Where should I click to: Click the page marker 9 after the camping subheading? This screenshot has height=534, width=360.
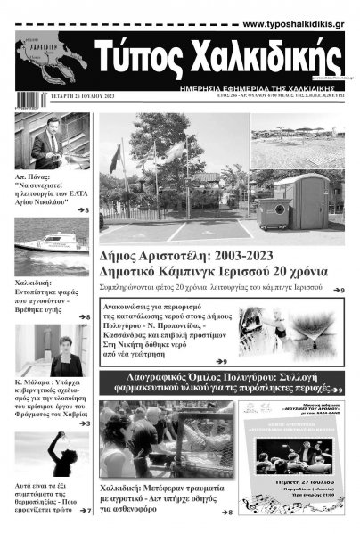click(340, 291)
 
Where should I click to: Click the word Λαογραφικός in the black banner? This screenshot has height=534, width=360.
click(164, 381)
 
